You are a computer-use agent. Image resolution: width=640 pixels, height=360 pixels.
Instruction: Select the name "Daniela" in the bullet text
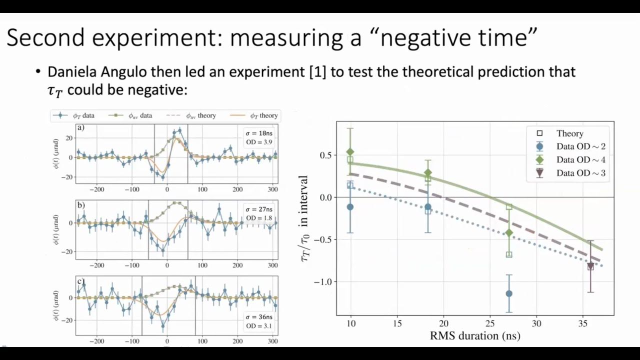click(x=74, y=72)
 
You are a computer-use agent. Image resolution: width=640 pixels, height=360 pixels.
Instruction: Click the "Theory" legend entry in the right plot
click(x=569, y=133)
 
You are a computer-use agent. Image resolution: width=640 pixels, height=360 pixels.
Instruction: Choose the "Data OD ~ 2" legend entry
click(x=580, y=146)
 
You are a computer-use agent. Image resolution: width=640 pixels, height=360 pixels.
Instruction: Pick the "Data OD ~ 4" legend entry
click(x=580, y=160)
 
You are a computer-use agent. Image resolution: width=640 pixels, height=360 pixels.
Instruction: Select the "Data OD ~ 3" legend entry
click(x=580, y=173)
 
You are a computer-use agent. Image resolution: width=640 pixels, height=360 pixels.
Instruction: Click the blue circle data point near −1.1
click(x=509, y=293)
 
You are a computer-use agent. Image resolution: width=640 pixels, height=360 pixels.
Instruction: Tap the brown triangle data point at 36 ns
click(x=590, y=266)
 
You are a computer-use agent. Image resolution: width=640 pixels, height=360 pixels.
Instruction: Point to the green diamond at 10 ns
click(x=350, y=151)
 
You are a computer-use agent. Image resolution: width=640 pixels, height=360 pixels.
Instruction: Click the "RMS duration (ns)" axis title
click(x=475, y=335)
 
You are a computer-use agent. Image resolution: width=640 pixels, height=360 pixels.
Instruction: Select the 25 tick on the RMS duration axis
click(x=490, y=324)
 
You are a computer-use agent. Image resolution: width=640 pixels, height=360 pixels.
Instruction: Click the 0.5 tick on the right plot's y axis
click(x=325, y=155)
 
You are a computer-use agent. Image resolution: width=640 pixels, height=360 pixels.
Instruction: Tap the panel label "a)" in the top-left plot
click(x=80, y=127)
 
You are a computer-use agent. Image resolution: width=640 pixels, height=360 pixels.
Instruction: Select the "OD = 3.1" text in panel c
click(x=259, y=326)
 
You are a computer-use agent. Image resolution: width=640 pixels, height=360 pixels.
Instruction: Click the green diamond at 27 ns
click(x=509, y=233)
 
